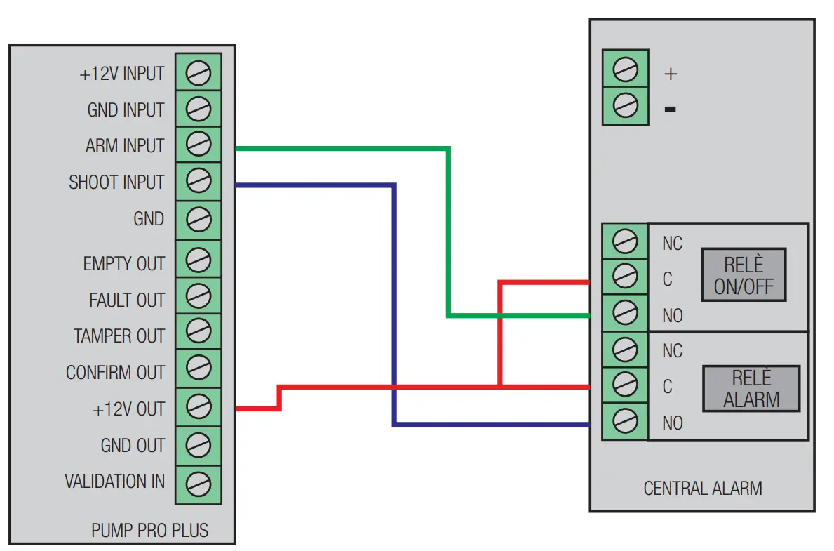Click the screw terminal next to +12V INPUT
(199, 73)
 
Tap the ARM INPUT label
(124, 146)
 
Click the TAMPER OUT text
(119, 336)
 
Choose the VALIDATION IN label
(114, 482)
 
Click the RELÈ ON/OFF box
(744, 275)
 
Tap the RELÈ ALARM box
(751, 389)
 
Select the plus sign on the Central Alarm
(671, 74)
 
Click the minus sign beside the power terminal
(671, 109)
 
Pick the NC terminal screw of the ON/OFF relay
(625, 241)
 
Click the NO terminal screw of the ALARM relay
(625, 421)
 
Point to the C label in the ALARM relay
(667, 387)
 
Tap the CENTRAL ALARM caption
(702, 488)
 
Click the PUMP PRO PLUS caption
(149, 530)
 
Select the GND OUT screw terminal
(199, 445)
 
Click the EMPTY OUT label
(123, 264)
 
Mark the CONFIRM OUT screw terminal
(199, 367)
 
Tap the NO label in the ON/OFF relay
(672, 316)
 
